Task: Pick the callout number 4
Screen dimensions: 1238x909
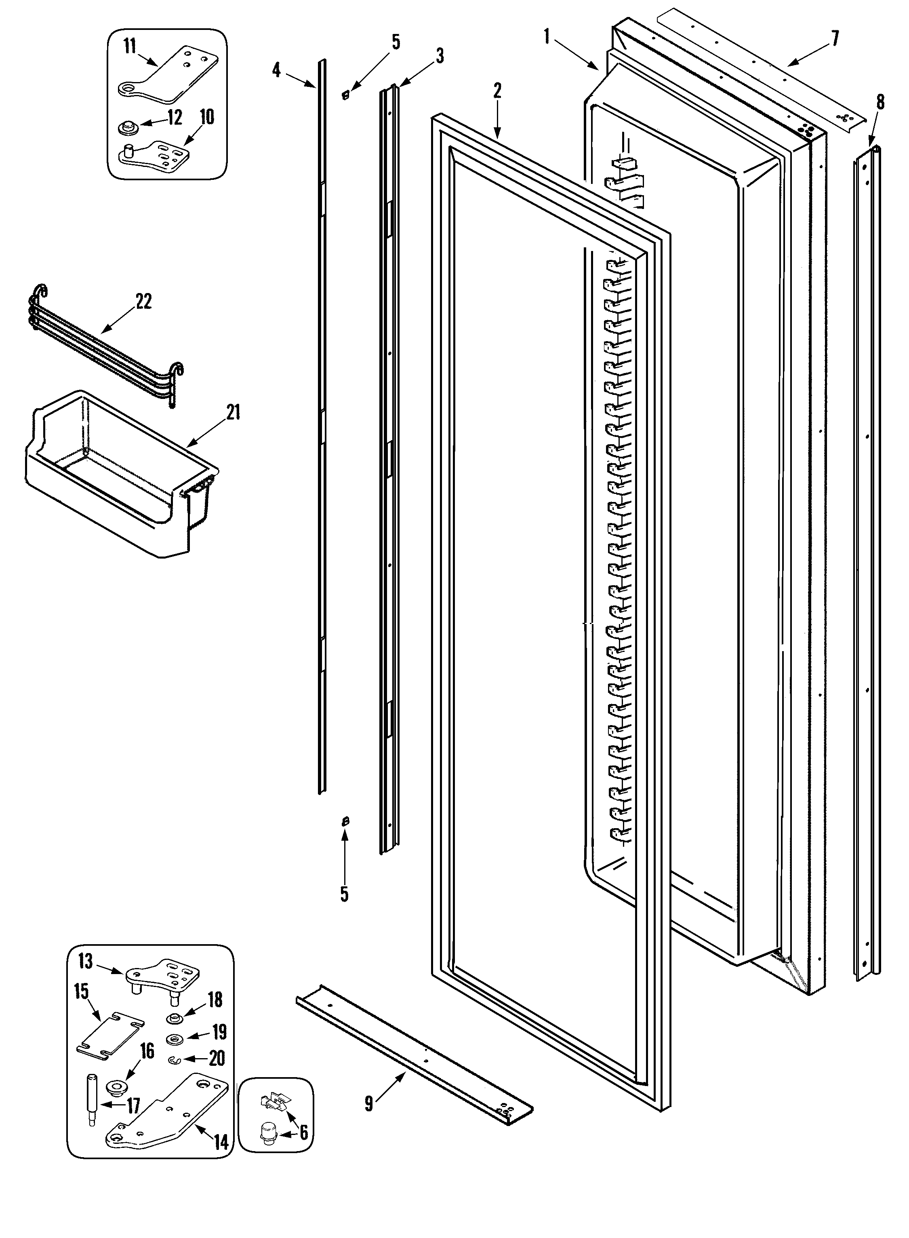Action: [276, 70]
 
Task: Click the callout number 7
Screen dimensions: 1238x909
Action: [835, 38]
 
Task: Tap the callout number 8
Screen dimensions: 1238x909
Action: [880, 102]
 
